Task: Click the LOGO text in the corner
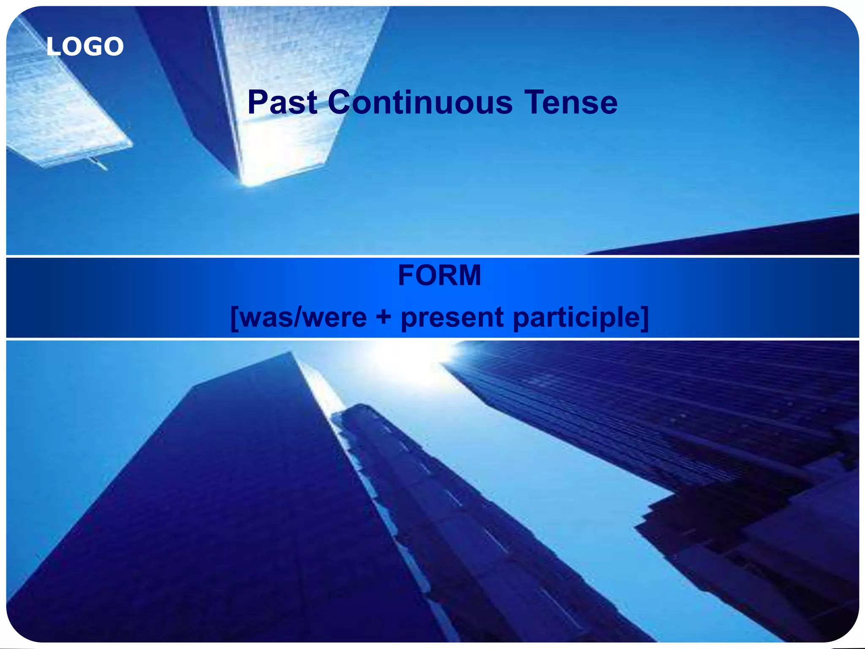(85, 46)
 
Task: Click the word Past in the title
(282, 102)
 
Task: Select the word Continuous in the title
(420, 102)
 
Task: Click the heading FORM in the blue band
(439, 275)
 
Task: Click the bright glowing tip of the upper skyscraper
(253, 180)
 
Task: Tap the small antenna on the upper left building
(98, 164)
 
